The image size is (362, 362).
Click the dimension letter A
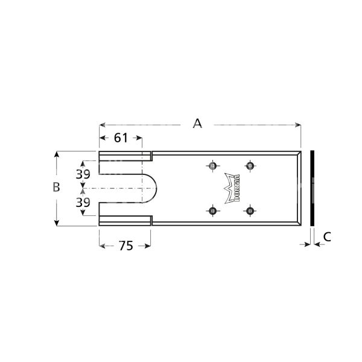[197, 124]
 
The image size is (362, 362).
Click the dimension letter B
[56, 187]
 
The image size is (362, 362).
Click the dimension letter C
[326, 237]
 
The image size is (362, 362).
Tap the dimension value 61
[121, 138]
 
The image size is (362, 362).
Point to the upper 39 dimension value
[83, 174]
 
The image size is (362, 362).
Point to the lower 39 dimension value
[83, 202]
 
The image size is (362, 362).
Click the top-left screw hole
[212, 165]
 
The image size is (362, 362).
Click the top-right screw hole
[249, 165]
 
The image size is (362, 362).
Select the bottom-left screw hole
[212, 211]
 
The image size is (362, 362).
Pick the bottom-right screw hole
[249, 211]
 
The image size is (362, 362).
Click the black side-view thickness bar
[312, 188]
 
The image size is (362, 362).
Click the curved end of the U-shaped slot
[156, 188]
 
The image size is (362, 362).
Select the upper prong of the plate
[124, 156]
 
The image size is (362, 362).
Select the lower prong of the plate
[124, 220]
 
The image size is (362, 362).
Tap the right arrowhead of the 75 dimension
[148, 246]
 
